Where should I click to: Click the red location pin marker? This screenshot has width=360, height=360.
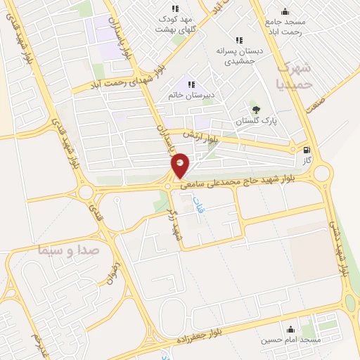coord(181,165)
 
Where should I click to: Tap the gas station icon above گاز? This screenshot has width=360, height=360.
coord(306,150)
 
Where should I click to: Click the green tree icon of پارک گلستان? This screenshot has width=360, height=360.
coord(256,109)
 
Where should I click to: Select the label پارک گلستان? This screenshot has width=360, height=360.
coord(252,122)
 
